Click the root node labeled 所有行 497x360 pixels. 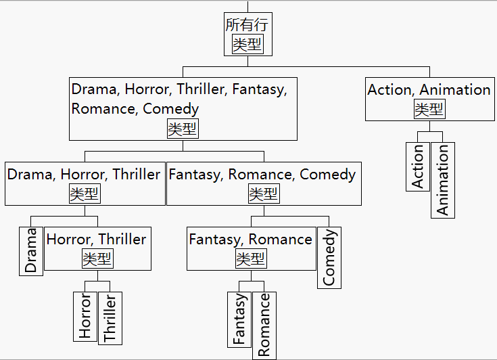pyautogui.click(x=247, y=25)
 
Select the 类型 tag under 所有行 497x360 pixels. pyautogui.click(x=247, y=45)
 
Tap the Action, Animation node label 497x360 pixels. pyautogui.click(x=429, y=90)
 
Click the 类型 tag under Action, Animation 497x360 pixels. pyautogui.click(x=429, y=109)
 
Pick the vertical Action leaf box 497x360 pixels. pyautogui.click(x=418, y=166)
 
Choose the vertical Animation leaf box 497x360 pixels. pyautogui.click(x=443, y=180)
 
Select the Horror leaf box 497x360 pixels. pyautogui.click(x=85, y=316)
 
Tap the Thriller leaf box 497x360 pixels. pyautogui.click(x=110, y=318)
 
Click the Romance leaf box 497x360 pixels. pyautogui.click(x=264, y=325)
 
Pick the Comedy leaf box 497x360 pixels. pyautogui.click(x=329, y=258)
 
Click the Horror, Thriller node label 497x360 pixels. pyautogui.click(x=96, y=240)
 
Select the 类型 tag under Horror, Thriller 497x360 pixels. pyautogui.click(x=97, y=258)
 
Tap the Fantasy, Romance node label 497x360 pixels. pyautogui.click(x=250, y=240)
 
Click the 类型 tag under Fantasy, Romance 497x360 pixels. pyautogui.click(x=251, y=258)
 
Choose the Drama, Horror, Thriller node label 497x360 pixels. pyautogui.click(x=84, y=175)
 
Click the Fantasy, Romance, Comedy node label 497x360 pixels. pyautogui.click(x=262, y=175)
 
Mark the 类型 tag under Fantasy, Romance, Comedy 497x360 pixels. pyautogui.click(x=263, y=194)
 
